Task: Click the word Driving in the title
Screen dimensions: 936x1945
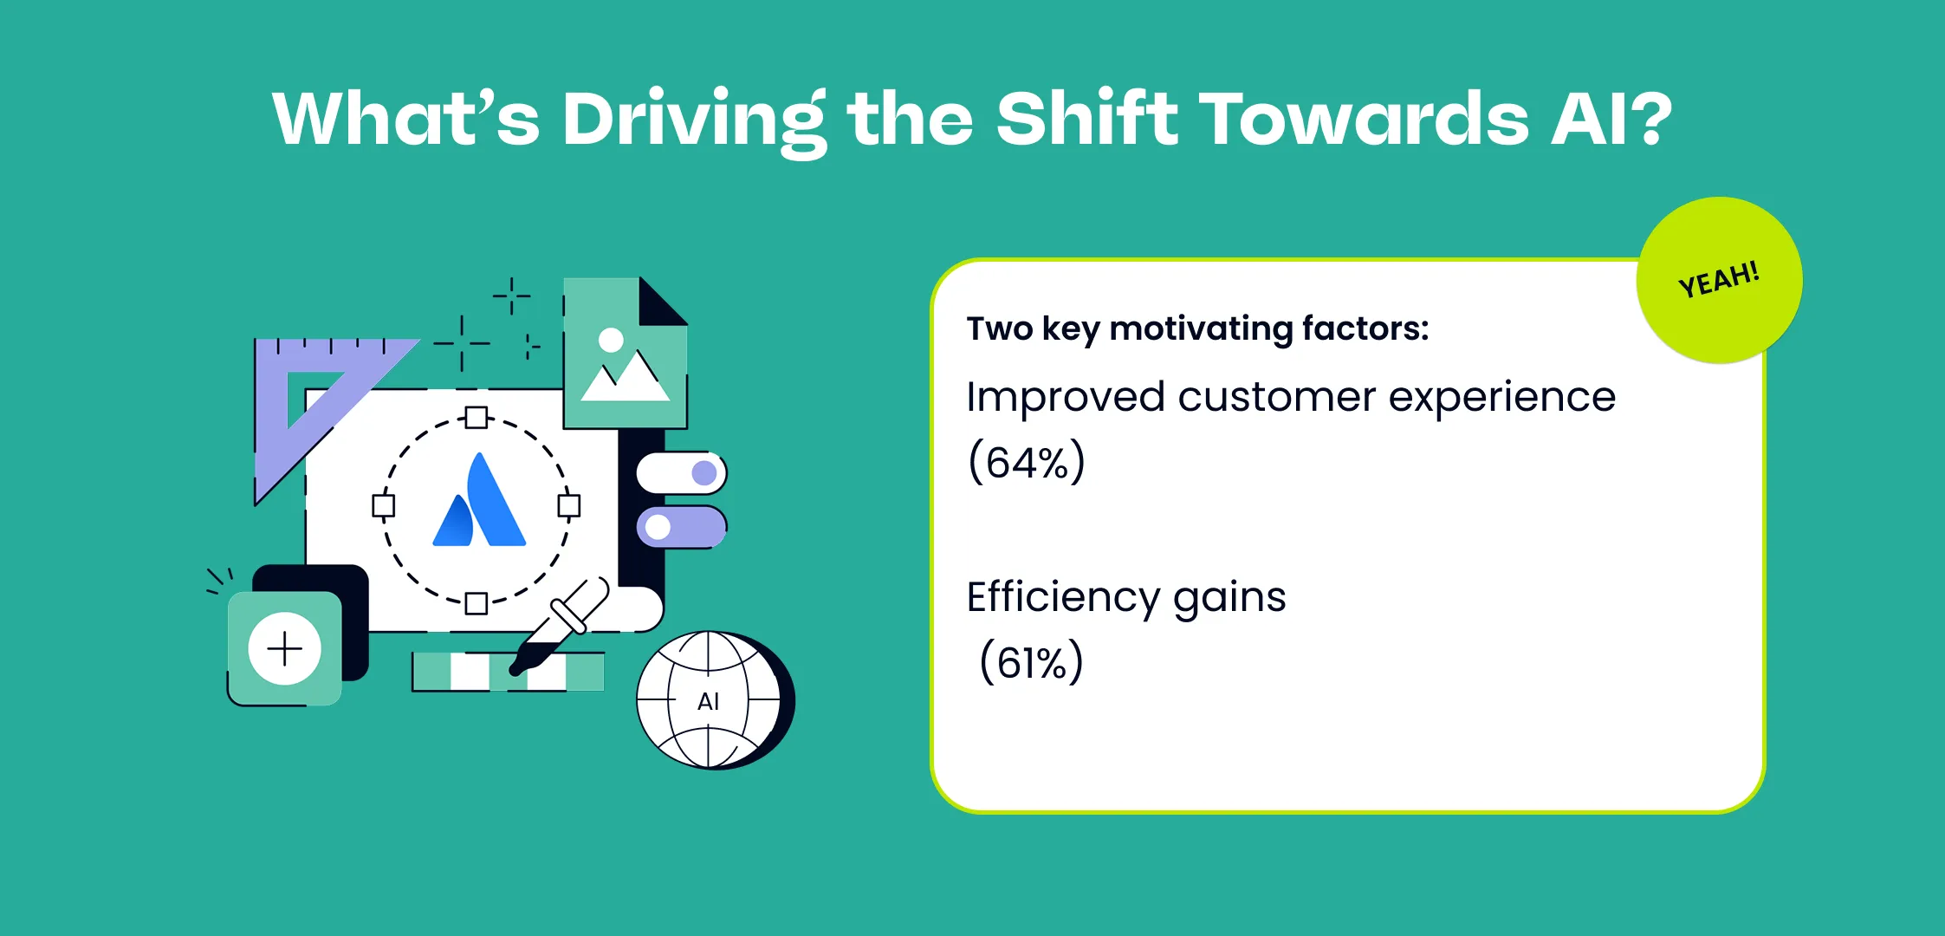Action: point(693,120)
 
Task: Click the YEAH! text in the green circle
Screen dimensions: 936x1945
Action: point(1719,279)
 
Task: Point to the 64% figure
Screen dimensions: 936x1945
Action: point(1027,462)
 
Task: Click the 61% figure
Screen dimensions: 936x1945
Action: point(1031,663)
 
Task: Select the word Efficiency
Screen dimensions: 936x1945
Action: point(1061,598)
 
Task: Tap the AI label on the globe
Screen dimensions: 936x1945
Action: point(708,701)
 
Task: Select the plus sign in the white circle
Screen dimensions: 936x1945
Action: point(284,648)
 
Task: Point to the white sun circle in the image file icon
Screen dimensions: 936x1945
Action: point(611,340)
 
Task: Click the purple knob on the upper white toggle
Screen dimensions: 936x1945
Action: point(704,473)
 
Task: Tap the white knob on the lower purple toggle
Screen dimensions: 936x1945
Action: point(658,527)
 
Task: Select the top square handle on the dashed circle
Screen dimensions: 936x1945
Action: point(476,418)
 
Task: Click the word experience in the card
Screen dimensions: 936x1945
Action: point(1502,398)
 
